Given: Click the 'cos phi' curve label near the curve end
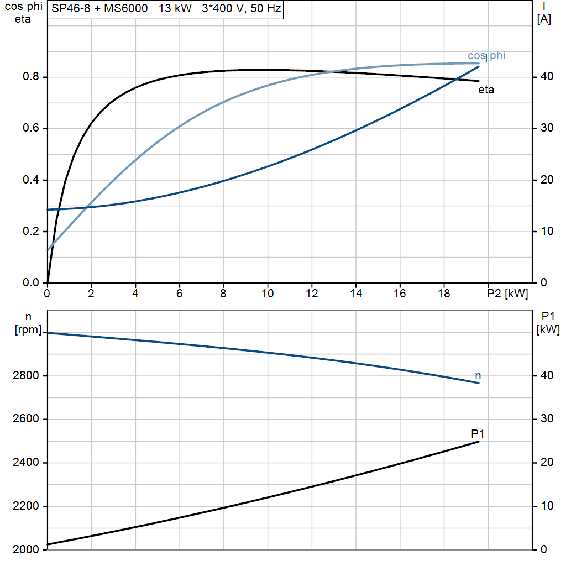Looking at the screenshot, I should [486, 55].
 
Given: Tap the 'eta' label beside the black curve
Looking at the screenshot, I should [486, 90].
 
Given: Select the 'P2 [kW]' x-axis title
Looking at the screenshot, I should [507, 294].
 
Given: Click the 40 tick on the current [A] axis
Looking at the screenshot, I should [547, 77].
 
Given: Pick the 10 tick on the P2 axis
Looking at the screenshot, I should [268, 294].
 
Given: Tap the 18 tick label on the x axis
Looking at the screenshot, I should [444, 294].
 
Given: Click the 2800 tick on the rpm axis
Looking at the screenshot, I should [25, 376].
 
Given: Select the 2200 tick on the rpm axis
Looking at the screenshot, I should [25, 506].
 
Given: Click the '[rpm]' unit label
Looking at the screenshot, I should [27, 330].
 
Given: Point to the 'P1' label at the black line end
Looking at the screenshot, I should [478, 433].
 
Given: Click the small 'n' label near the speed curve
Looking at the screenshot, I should [478, 376].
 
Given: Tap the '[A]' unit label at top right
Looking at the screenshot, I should [544, 19].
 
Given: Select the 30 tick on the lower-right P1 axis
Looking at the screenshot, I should [547, 419].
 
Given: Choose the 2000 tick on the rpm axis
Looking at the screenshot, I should [25, 549].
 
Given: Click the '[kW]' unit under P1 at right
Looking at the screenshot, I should [548, 330].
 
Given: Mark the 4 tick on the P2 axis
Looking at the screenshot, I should [135, 294].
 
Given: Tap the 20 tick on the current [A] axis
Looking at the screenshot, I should [547, 180].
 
